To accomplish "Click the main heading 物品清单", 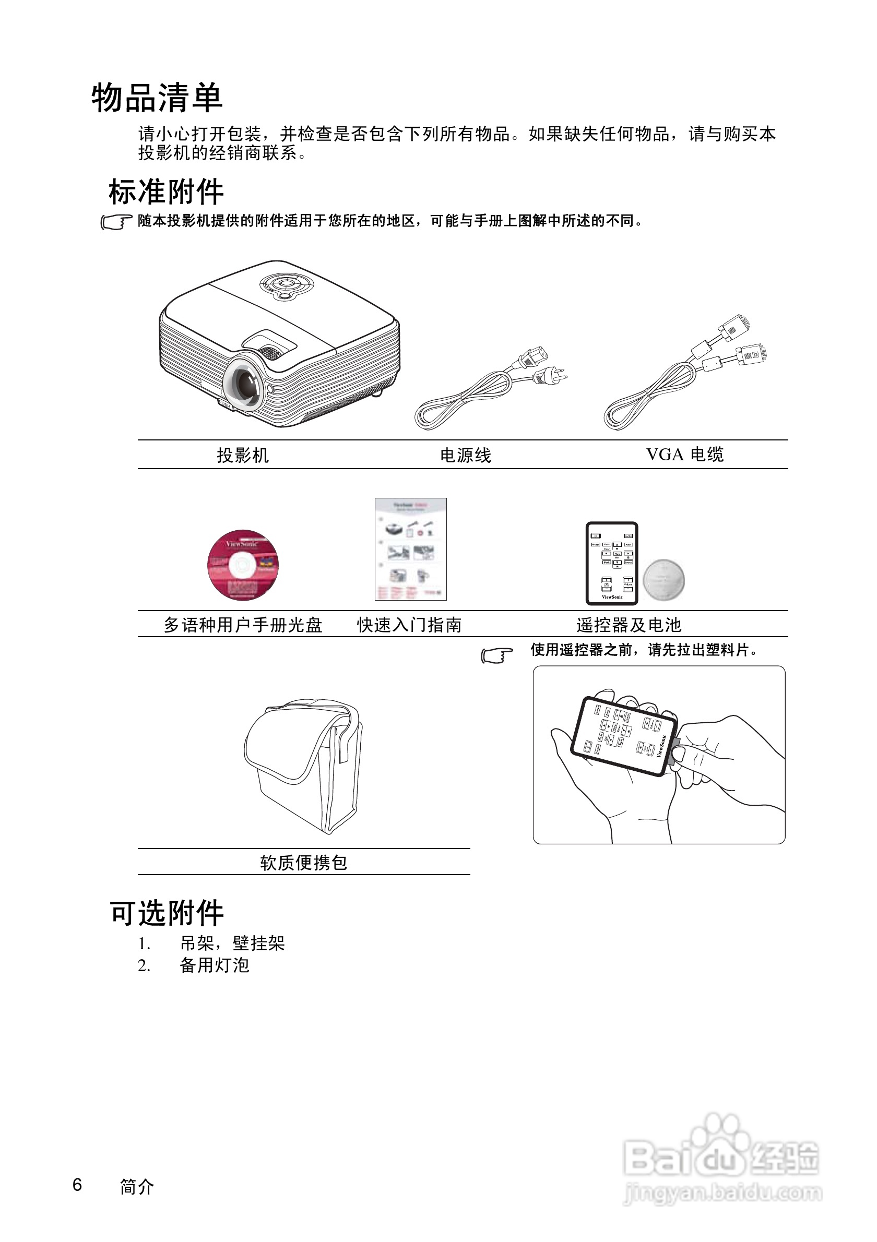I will [157, 98].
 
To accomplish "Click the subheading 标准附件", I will [166, 192].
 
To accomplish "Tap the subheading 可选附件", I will [167, 913].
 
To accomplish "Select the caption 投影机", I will [242, 455].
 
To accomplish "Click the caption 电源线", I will [465, 455].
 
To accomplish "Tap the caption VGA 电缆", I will [684, 455].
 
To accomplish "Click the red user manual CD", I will [243, 565].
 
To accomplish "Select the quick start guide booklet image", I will [411, 548].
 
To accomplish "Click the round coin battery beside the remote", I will [663, 580].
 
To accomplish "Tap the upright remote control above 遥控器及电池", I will [612, 563].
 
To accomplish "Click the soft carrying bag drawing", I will [304, 765].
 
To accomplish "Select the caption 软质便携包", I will [303, 862].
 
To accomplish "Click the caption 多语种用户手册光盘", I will [243, 625].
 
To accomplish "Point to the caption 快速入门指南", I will [409, 625].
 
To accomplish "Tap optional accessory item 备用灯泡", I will [214, 965].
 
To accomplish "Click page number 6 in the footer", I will [77, 1184].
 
